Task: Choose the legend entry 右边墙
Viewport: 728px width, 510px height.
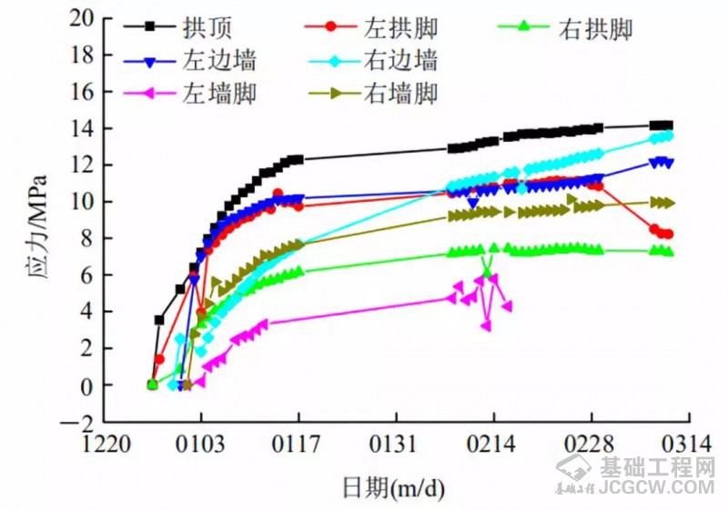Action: click(x=401, y=61)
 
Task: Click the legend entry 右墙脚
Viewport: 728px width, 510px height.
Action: click(x=401, y=92)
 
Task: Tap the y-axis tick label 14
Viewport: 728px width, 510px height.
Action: click(x=82, y=128)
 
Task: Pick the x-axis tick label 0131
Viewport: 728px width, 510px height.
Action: click(x=397, y=445)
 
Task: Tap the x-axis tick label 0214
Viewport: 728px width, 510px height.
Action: click(x=494, y=445)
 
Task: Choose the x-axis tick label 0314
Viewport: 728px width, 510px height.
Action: click(x=688, y=445)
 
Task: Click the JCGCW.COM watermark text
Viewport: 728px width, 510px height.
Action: click(x=657, y=488)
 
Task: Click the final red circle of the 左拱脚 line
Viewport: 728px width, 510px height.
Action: click(x=669, y=235)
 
